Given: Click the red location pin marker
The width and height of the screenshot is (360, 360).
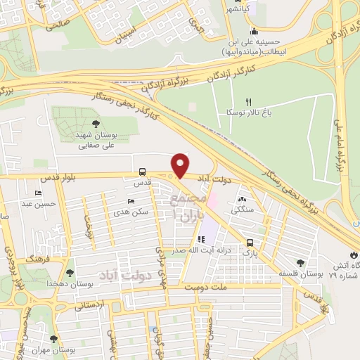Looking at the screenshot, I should [181, 166].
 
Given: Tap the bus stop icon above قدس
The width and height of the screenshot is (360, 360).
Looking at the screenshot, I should [143, 172].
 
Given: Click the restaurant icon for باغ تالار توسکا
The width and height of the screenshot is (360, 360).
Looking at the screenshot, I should [248, 102].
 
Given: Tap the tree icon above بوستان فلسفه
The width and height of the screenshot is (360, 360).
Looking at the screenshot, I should [300, 263].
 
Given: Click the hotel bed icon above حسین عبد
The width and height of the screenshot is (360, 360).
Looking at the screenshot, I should [37, 193].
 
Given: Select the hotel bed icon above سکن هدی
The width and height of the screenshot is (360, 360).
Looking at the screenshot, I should [131, 202].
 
